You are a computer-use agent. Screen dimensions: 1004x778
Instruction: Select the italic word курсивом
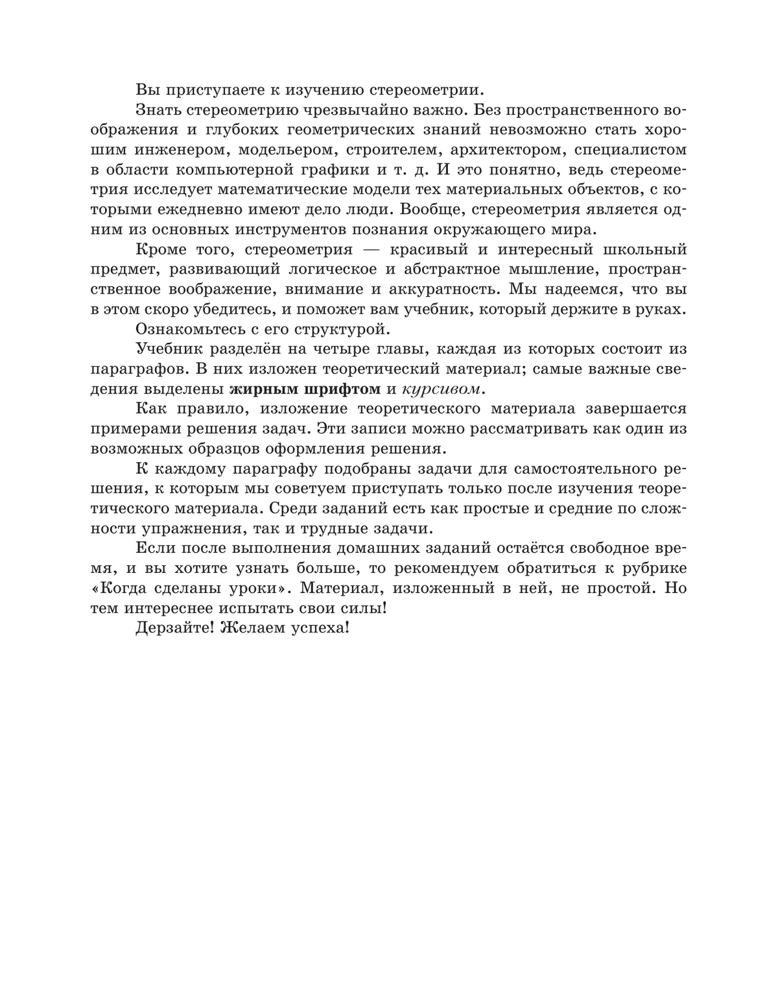coord(443,390)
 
